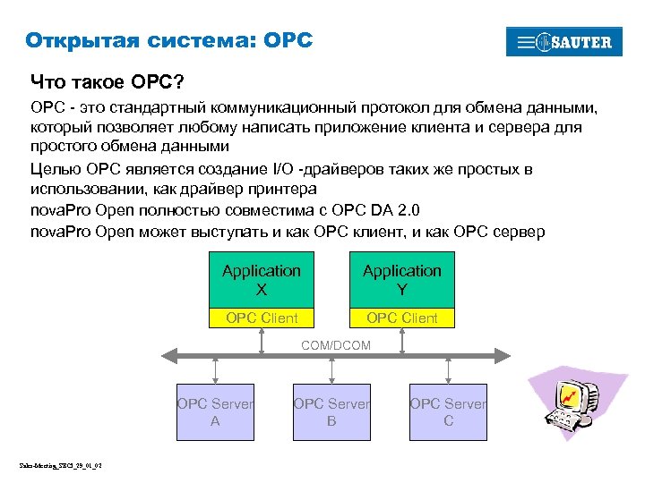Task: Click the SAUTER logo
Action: click(563, 42)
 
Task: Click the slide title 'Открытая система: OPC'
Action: click(169, 40)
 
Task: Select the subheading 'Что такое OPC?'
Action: click(107, 82)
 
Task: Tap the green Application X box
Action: click(262, 279)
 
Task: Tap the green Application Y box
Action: click(401, 279)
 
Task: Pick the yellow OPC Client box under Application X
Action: click(262, 318)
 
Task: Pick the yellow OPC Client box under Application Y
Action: click(401, 318)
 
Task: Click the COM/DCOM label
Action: click(336, 344)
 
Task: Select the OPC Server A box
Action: click(215, 412)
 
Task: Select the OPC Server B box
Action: click(331, 412)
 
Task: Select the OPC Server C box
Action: click(448, 412)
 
